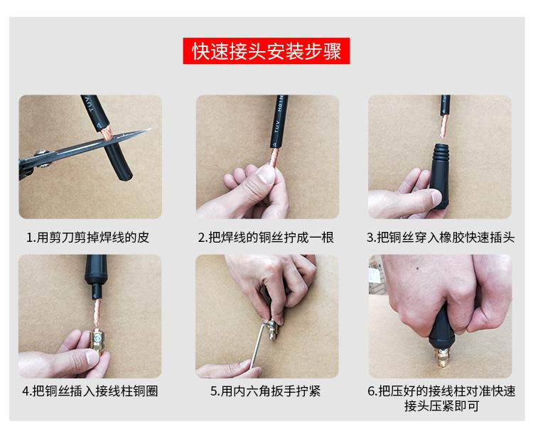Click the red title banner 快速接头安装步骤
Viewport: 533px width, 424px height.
pos(266,51)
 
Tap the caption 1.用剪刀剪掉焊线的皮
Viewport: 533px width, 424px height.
pos(87,237)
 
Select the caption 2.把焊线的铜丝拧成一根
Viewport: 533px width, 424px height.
pos(266,237)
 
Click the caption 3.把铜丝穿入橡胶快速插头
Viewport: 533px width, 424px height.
pos(441,237)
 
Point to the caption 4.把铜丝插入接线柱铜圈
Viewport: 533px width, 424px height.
pos(90,391)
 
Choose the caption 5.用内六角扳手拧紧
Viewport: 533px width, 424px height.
pos(266,391)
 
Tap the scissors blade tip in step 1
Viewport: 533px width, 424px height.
pos(149,129)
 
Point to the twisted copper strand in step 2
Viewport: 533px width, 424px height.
pos(274,157)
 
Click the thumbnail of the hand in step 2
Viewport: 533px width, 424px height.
pos(266,174)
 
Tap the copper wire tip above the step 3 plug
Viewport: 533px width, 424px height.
pos(443,135)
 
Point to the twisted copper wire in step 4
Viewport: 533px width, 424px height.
pos(97,313)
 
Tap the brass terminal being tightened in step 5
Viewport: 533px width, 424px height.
pos(271,329)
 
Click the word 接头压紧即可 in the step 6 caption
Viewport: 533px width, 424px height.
pos(441,406)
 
